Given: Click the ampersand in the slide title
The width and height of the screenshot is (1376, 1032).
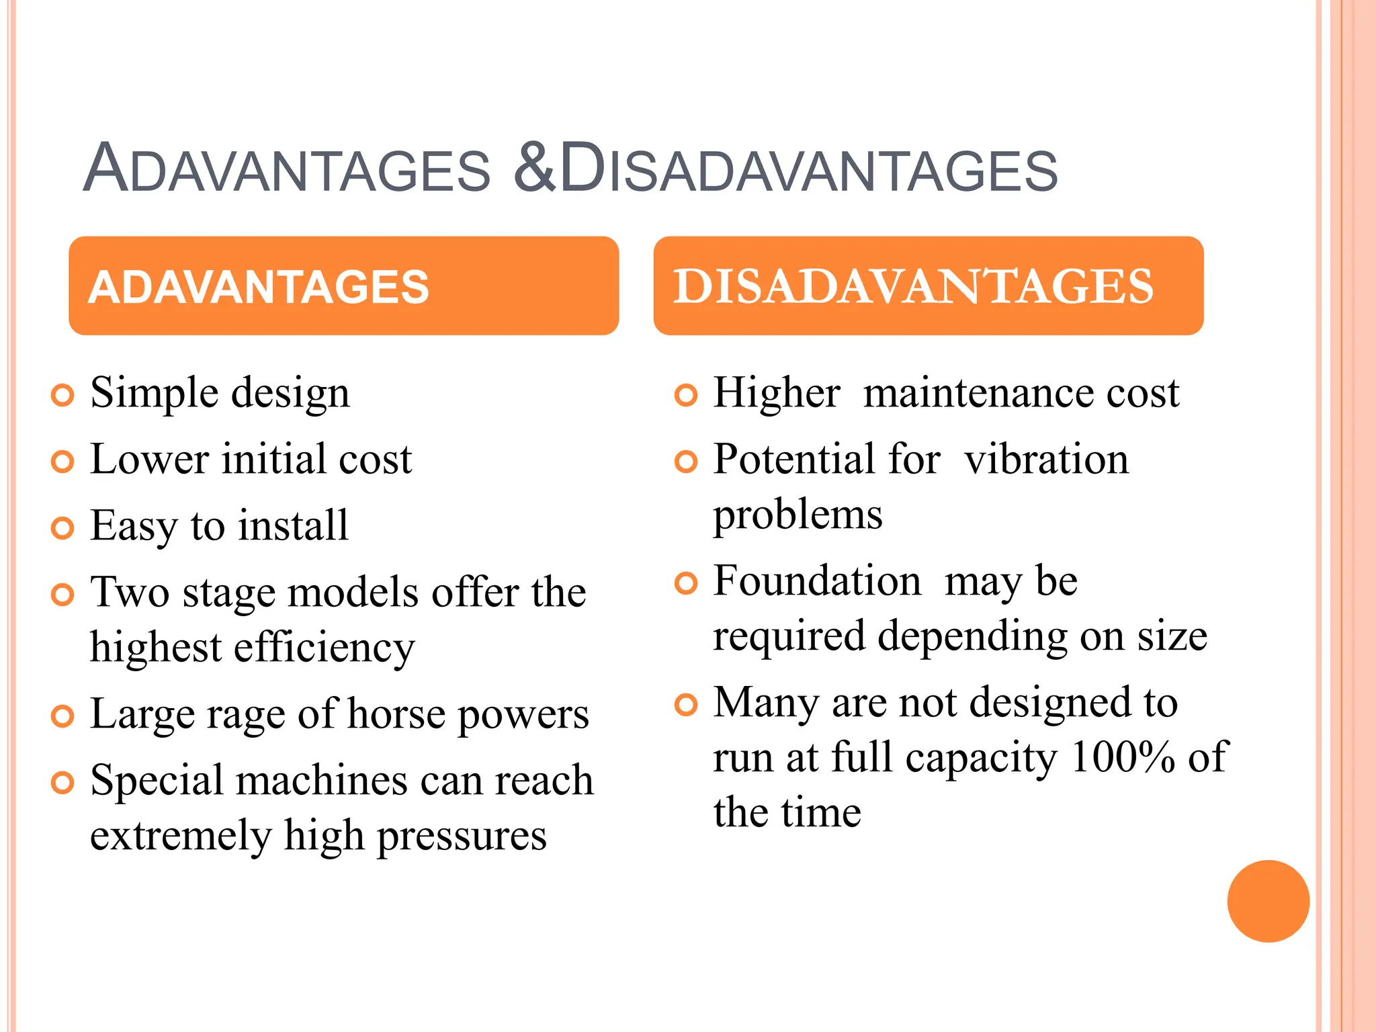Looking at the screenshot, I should coord(534,168).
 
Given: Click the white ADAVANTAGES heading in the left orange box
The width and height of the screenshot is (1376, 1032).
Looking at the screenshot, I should coord(259,287).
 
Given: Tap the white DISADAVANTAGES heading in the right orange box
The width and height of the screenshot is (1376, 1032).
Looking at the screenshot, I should coord(913,286).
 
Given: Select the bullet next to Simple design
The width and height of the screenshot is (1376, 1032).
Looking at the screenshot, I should coord(62,395).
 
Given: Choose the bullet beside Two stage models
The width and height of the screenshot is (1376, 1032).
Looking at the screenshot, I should coord(62,595).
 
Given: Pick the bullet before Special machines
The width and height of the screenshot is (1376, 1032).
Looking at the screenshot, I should coord(62,783).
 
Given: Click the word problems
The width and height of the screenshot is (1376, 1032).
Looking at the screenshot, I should coord(798,515).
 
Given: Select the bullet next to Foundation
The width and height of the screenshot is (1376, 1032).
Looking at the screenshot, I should coord(686,583).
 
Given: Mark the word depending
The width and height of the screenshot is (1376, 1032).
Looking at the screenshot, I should coord(972,637).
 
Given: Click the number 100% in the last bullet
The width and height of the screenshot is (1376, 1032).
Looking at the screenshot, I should coord(1123,758).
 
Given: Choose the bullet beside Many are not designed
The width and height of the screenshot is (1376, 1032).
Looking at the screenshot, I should coord(686,705).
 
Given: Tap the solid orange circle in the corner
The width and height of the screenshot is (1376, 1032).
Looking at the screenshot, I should coord(1268,901).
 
